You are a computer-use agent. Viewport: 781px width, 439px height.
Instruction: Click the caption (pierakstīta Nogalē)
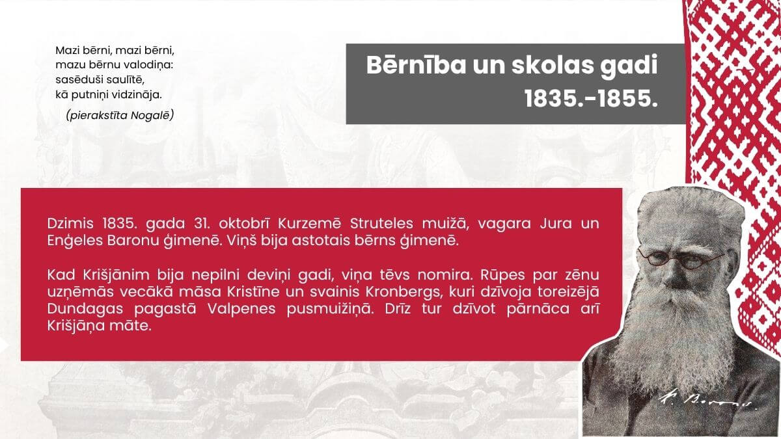119,115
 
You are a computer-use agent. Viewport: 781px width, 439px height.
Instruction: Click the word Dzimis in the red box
68,224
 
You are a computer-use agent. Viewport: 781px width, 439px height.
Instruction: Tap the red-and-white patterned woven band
735,98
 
